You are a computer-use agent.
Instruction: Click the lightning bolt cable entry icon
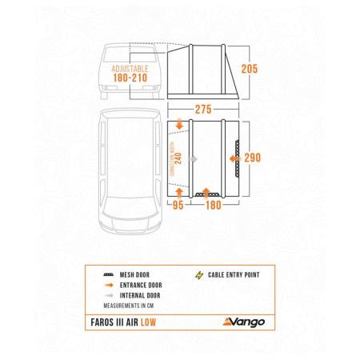[200, 275]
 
